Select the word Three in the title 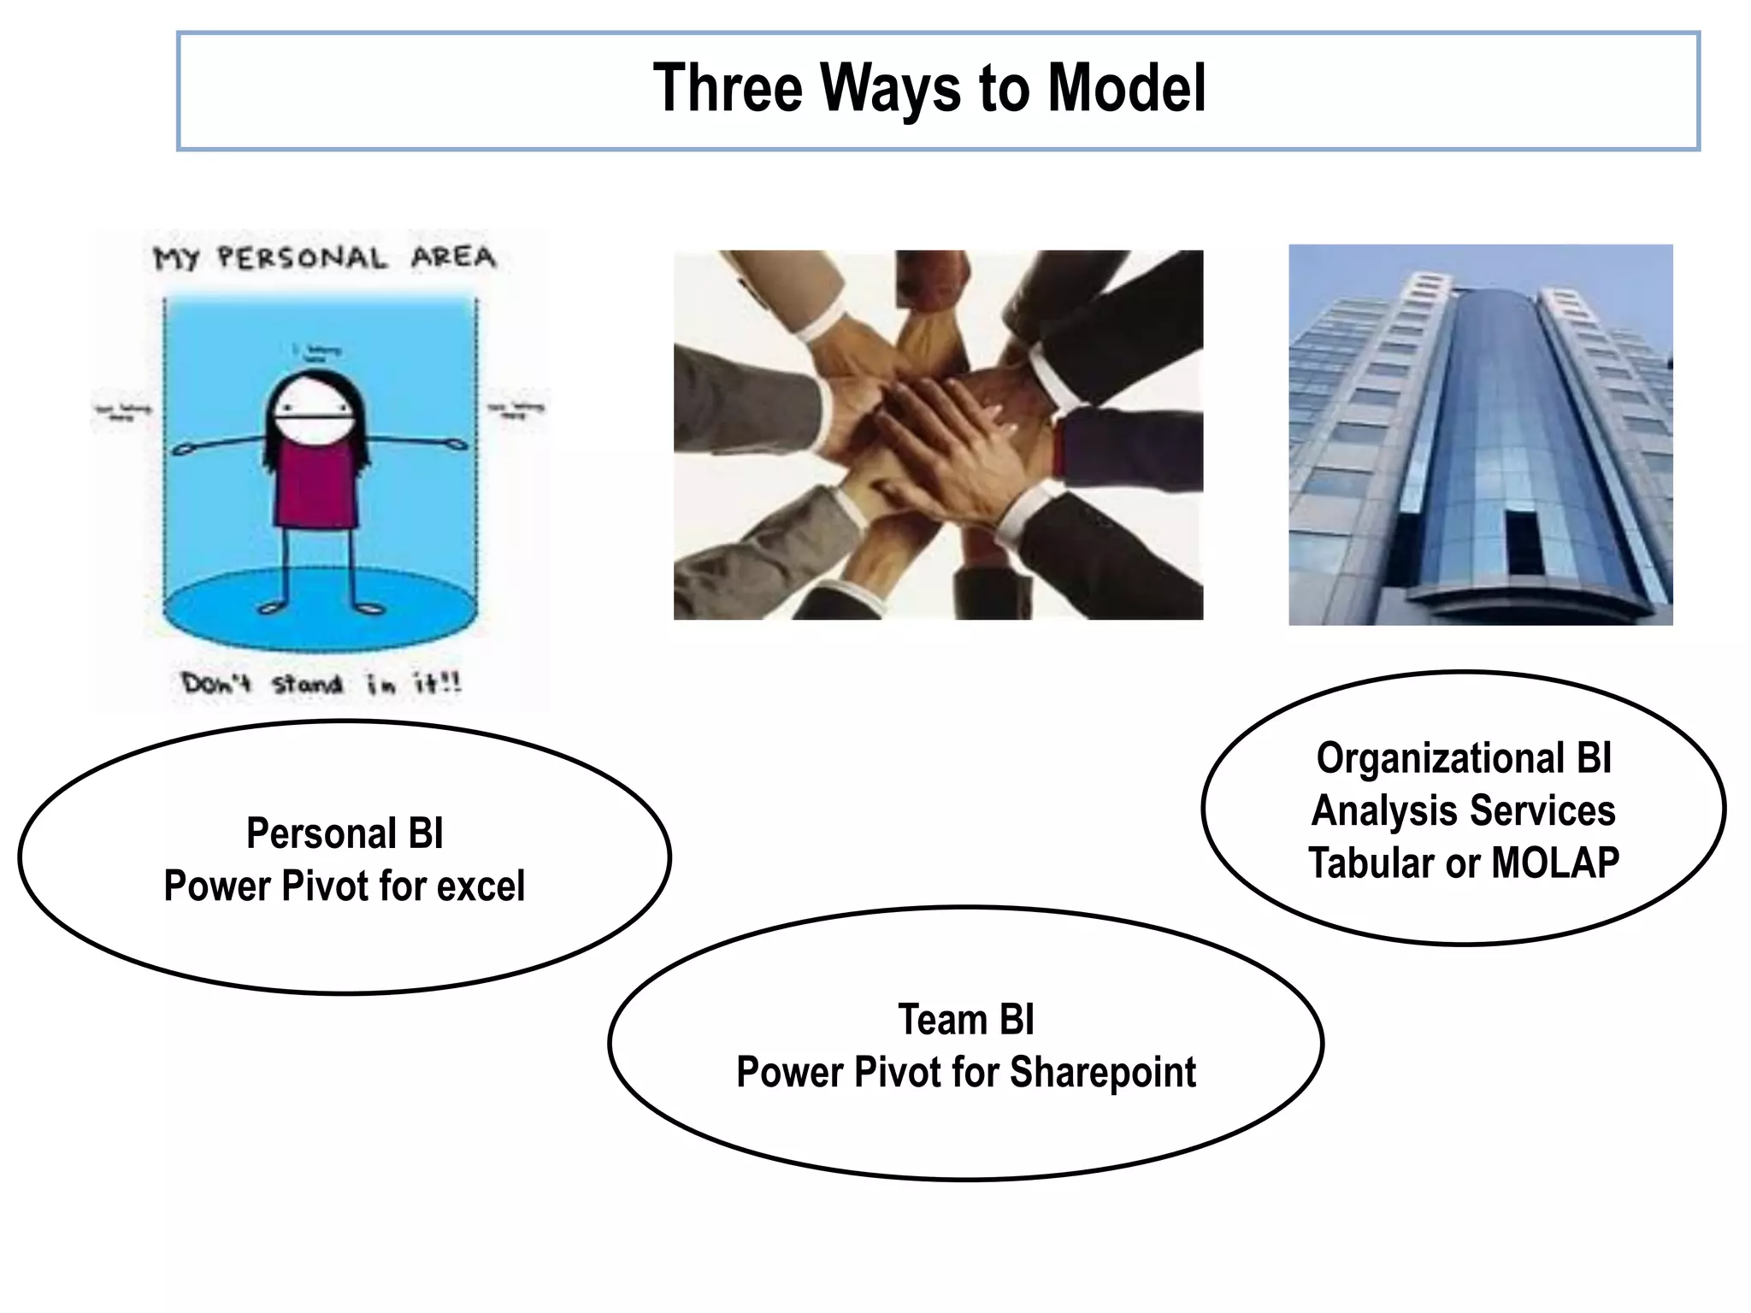[x=728, y=88]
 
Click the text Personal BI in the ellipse [x=345, y=833]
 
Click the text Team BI [x=966, y=1020]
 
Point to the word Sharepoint [x=1103, y=1072]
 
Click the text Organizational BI [x=1464, y=758]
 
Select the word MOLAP [x=1555, y=863]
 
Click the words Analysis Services [x=1464, y=810]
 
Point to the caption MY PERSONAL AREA [x=324, y=257]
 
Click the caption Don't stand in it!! [x=321, y=684]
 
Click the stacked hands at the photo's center [x=949, y=419]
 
